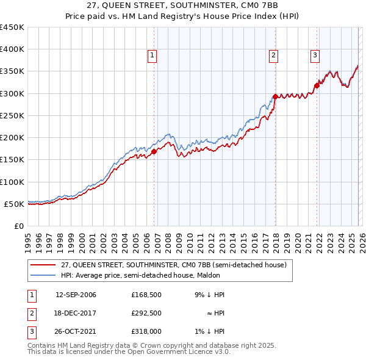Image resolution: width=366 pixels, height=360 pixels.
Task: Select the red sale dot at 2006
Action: click(x=154, y=152)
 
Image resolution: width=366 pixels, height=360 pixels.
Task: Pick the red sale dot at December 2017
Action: click(x=275, y=96)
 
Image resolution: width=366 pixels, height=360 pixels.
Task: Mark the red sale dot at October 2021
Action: click(x=317, y=85)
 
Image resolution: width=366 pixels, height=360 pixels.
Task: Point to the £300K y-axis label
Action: click(x=12, y=93)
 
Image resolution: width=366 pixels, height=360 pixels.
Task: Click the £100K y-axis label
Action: click(x=12, y=182)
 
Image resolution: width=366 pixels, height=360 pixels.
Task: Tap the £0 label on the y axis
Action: click(x=18, y=226)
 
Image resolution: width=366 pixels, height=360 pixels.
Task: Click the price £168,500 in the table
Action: click(x=146, y=295)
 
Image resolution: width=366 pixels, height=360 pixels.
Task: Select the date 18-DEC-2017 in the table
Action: click(x=76, y=313)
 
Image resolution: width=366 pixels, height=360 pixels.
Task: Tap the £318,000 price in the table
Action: click(x=146, y=331)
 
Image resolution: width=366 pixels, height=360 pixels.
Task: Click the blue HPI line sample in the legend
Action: click(x=43, y=275)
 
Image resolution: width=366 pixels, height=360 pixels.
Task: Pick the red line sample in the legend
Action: click(x=43, y=264)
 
